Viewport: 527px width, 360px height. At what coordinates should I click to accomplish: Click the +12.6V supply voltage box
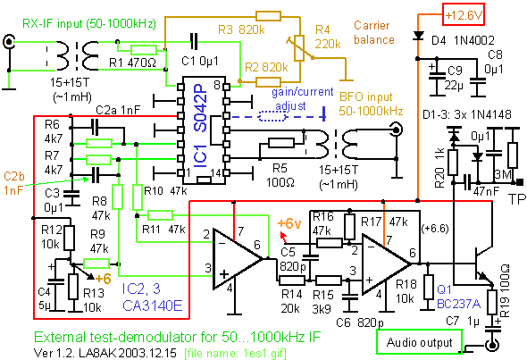tap(464, 15)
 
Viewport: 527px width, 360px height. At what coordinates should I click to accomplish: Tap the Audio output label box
tap(420, 341)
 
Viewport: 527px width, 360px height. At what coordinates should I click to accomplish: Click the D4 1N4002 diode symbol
tap(418, 36)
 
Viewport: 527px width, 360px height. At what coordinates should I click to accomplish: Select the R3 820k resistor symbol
tap(268, 16)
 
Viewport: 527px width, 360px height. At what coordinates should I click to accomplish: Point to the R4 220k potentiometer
tap(299, 48)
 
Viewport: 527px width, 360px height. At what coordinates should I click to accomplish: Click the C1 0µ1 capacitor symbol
tap(194, 42)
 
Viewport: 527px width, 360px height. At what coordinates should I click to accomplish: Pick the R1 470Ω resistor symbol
tap(144, 50)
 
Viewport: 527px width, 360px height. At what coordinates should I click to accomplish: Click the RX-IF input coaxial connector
tap(8, 42)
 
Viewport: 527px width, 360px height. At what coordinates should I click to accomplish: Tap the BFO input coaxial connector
tap(397, 130)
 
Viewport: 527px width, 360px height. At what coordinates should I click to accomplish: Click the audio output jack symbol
tap(491, 345)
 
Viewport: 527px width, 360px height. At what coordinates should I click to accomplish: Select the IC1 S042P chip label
tap(200, 126)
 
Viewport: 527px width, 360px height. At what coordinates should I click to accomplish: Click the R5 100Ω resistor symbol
tap(281, 144)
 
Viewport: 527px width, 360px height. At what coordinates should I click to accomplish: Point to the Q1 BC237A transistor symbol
tap(482, 264)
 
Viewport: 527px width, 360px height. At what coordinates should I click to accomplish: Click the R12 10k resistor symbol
tap(70, 238)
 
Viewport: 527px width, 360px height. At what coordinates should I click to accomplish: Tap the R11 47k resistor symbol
tap(160, 215)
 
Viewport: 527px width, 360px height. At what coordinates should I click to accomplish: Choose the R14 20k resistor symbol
tap(292, 280)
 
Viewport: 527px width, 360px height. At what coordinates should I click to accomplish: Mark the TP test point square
tap(520, 182)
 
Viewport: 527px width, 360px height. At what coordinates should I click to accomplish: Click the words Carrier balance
tap(373, 32)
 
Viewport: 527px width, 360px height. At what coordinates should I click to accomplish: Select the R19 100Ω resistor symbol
tap(491, 303)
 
